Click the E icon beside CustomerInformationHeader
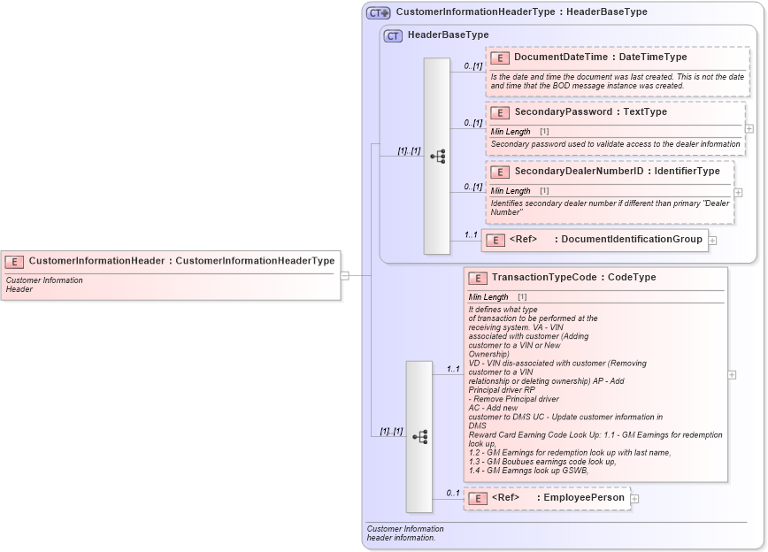click(14, 261)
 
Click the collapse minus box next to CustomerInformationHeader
click(344, 275)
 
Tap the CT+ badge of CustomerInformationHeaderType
click(379, 12)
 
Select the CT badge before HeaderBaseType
click(393, 35)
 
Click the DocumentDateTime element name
click(561, 57)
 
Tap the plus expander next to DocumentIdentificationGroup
click(712, 240)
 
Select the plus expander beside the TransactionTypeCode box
click(732, 375)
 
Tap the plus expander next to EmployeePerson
click(634, 499)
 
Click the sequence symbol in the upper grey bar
click(437, 156)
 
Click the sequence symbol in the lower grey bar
click(419, 436)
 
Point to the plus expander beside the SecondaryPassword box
click(749, 128)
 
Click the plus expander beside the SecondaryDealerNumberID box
click(738, 192)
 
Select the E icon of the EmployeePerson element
click(478, 499)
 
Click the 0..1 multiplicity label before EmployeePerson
click(452, 493)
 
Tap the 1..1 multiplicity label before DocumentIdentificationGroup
click(470, 234)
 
